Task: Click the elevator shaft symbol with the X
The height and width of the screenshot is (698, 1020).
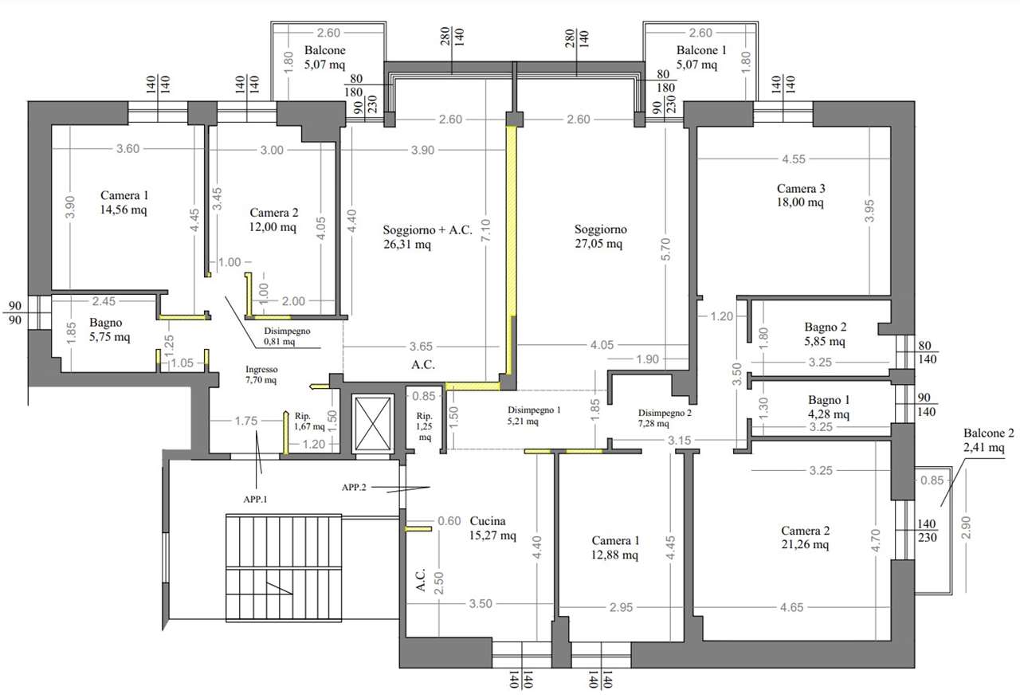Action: pos(373,424)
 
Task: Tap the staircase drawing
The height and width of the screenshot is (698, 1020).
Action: pos(284,568)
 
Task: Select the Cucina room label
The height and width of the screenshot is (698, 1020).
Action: pos(488,521)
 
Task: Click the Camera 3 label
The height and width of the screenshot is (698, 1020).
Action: pos(801,189)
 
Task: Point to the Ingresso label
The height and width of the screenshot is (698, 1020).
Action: pos(261,369)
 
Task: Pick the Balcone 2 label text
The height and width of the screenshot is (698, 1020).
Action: pos(989,433)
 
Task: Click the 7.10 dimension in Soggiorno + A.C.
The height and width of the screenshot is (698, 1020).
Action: pos(486,230)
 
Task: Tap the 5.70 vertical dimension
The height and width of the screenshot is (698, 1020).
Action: pos(665,249)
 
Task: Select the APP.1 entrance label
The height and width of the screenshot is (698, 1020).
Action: pos(255,500)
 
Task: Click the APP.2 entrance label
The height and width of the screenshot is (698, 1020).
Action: pos(354,488)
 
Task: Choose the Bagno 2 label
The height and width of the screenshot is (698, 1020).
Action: pos(825,327)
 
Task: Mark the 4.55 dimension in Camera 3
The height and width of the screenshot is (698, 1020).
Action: pos(794,159)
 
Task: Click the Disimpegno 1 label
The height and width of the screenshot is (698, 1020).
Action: pos(534,410)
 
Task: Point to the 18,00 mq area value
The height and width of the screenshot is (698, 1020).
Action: pos(800,202)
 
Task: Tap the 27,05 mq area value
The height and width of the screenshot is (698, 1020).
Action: pos(598,244)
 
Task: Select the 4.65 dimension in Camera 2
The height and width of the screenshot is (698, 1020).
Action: pos(792,607)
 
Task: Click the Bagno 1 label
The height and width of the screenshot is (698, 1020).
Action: pos(829,400)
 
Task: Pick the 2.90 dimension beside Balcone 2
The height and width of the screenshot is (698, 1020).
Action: pos(966,527)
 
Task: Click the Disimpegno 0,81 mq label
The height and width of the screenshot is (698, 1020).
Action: pos(287,336)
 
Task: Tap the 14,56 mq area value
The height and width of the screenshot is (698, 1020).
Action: pos(124,210)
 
